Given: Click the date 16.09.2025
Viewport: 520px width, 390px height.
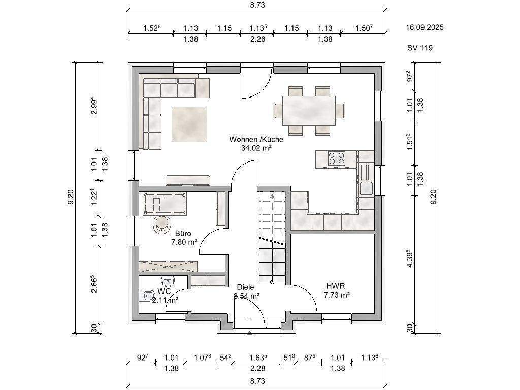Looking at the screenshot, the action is click(425, 27).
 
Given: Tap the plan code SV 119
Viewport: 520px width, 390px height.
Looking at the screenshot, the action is click(420, 48).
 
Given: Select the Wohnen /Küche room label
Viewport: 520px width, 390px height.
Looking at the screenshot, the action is click(256, 139).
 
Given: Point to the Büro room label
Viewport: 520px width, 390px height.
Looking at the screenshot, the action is click(183, 234).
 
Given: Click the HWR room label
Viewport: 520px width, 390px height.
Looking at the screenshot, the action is click(336, 286).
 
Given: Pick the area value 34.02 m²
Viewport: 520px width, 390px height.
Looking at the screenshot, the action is click(256, 148).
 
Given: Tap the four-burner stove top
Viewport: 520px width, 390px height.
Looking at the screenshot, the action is click(337, 158).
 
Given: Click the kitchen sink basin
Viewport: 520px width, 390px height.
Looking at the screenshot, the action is click(366, 188).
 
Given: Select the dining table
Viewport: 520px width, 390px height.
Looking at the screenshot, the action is click(309, 111).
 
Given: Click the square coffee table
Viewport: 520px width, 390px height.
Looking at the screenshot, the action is click(189, 124).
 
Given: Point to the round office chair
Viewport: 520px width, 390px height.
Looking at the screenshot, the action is click(162, 224).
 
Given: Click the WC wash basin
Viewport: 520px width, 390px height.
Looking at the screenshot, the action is click(168, 281).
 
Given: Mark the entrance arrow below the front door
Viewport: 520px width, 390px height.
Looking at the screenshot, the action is click(249, 333).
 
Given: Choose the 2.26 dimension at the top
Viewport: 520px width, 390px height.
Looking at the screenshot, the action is click(257, 39).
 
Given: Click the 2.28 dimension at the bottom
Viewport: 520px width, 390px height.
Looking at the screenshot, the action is click(257, 368).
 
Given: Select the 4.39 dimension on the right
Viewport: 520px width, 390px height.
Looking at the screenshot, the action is click(410, 258).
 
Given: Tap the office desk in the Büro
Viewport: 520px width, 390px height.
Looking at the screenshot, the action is click(165, 203).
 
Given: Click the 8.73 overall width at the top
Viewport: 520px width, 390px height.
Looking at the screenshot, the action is click(257, 5).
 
